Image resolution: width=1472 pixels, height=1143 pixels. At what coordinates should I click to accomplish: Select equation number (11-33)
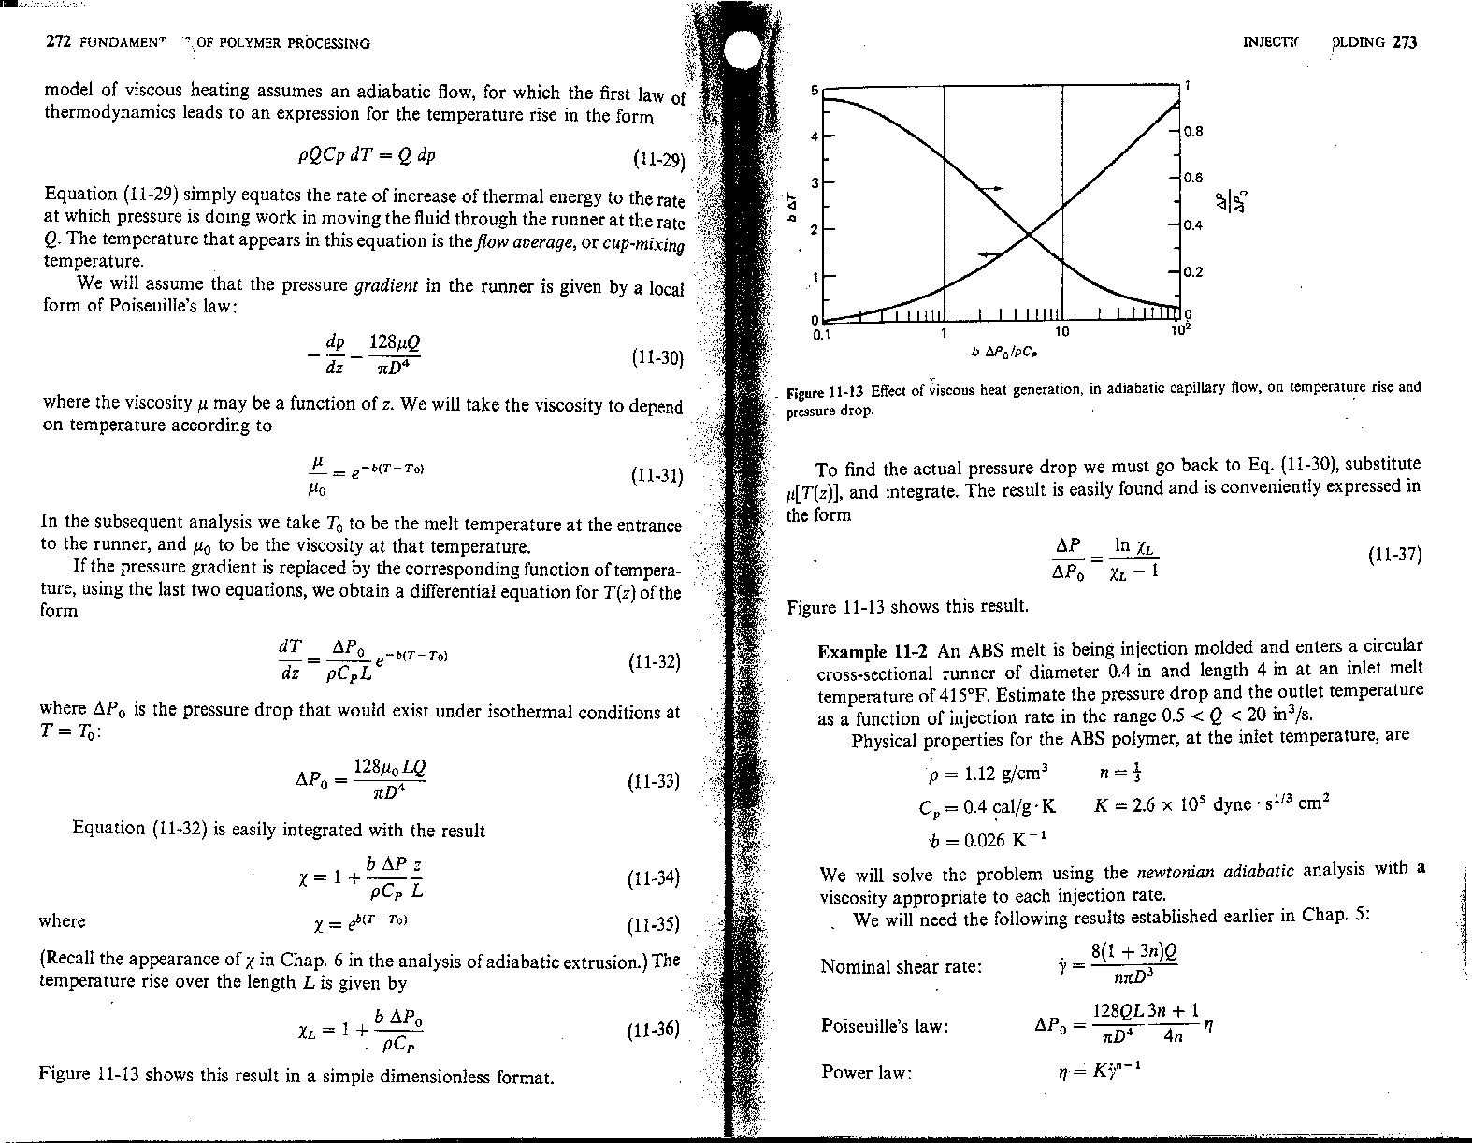tap(656, 782)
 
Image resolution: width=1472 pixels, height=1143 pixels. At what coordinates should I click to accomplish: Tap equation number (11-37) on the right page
tap(1394, 555)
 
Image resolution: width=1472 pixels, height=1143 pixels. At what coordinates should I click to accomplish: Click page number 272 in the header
tap(58, 42)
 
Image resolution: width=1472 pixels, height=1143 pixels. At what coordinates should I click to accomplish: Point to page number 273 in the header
tap(1406, 42)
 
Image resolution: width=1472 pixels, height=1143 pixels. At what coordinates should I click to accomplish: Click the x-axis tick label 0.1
tap(822, 332)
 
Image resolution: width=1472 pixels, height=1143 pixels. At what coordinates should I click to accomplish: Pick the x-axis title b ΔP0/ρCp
tap(1004, 354)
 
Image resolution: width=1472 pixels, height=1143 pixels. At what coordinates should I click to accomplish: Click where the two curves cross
tap(1029, 234)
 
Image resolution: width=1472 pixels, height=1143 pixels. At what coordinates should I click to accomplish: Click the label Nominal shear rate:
tap(901, 966)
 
